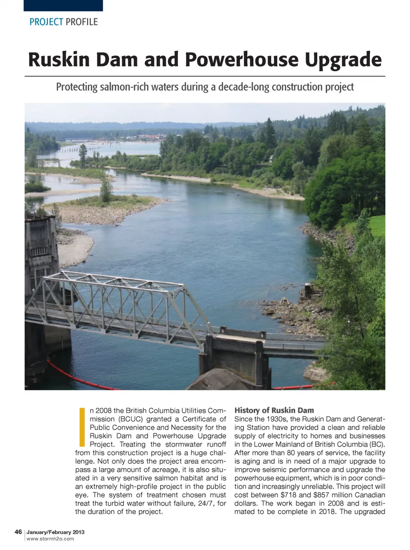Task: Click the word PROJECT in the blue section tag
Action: (46, 22)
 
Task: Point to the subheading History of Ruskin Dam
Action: (274, 410)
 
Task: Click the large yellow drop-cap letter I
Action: (82, 427)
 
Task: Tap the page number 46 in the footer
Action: (18, 532)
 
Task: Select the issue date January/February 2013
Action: (56, 532)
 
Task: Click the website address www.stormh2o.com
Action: (50, 539)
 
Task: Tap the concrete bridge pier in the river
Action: (235, 354)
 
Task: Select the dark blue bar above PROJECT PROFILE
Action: (63, 5)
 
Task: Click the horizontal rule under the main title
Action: (205, 76)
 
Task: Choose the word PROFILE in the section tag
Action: (82, 22)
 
